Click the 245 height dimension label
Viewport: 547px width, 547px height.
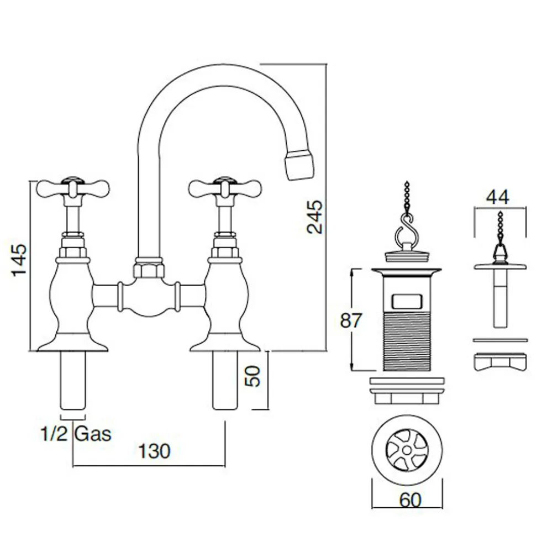coord(315,216)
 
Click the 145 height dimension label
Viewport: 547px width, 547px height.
coord(19,260)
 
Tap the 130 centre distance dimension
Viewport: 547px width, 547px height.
coord(155,451)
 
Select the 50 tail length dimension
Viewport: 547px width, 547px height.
coord(253,376)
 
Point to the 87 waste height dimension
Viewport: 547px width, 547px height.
coord(351,320)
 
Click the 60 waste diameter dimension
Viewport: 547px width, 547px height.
coord(410,500)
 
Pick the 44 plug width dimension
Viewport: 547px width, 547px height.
coord(498,197)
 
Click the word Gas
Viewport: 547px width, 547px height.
coord(93,434)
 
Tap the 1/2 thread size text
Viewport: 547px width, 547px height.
coord(54,434)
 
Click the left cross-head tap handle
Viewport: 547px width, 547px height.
coord(73,189)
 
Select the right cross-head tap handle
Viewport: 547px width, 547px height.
coord(225,189)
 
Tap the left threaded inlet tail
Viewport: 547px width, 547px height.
coord(73,380)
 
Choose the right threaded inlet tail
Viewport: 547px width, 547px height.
coord(225,380)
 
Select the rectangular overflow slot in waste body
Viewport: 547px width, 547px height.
coord(406,301)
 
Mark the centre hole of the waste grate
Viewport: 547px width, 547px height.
coord(407,450)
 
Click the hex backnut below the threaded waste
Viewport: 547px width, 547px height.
coord(407,398)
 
